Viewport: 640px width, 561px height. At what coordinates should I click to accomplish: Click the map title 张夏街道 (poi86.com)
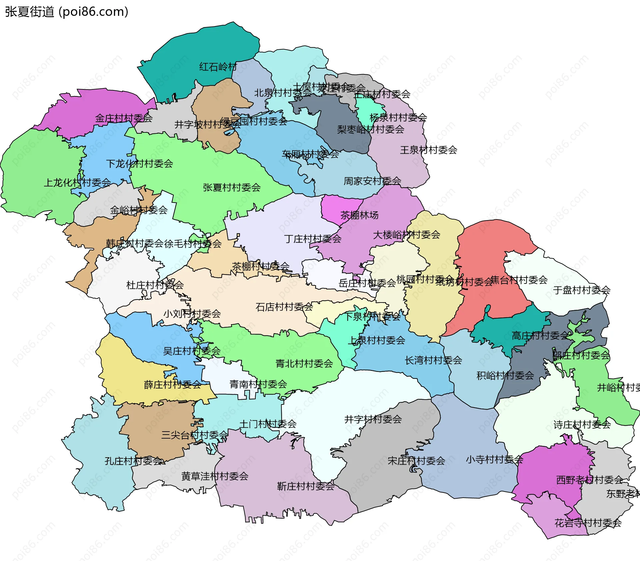click(x=67, y=12)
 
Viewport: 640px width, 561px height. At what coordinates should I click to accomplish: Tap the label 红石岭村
click(x=218, y=67)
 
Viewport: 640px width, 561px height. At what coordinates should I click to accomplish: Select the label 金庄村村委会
click(x=124, y=118)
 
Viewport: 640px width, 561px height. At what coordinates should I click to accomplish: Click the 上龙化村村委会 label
click(x=77, y=182)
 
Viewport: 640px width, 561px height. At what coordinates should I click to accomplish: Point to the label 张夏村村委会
click(x=232, y=187)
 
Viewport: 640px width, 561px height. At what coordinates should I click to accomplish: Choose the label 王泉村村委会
click(x=428, y=150)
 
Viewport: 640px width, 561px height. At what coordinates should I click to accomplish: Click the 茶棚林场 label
click(x=359, y=215)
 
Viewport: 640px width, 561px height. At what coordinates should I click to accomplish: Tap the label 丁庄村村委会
click(x=313, y=239)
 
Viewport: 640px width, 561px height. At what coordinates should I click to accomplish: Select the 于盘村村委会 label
click(x=582, y=290)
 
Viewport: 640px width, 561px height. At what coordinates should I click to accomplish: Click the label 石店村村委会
click(x=284, y=307)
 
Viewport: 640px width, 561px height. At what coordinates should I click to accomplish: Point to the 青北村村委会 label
click(x=304, y=364)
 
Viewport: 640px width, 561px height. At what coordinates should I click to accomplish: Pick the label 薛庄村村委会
click(x=172, y=385)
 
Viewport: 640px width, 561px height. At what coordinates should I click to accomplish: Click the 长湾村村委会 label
click(x=433, y=360)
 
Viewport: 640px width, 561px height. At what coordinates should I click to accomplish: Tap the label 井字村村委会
click(x=373, y=419)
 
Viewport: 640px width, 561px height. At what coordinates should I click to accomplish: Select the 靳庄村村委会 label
click(x=306, y=486)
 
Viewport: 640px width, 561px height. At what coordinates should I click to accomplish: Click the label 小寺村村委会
click(x=494, y=460)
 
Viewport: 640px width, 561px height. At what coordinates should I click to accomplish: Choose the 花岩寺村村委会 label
click(x=588, y=523)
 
